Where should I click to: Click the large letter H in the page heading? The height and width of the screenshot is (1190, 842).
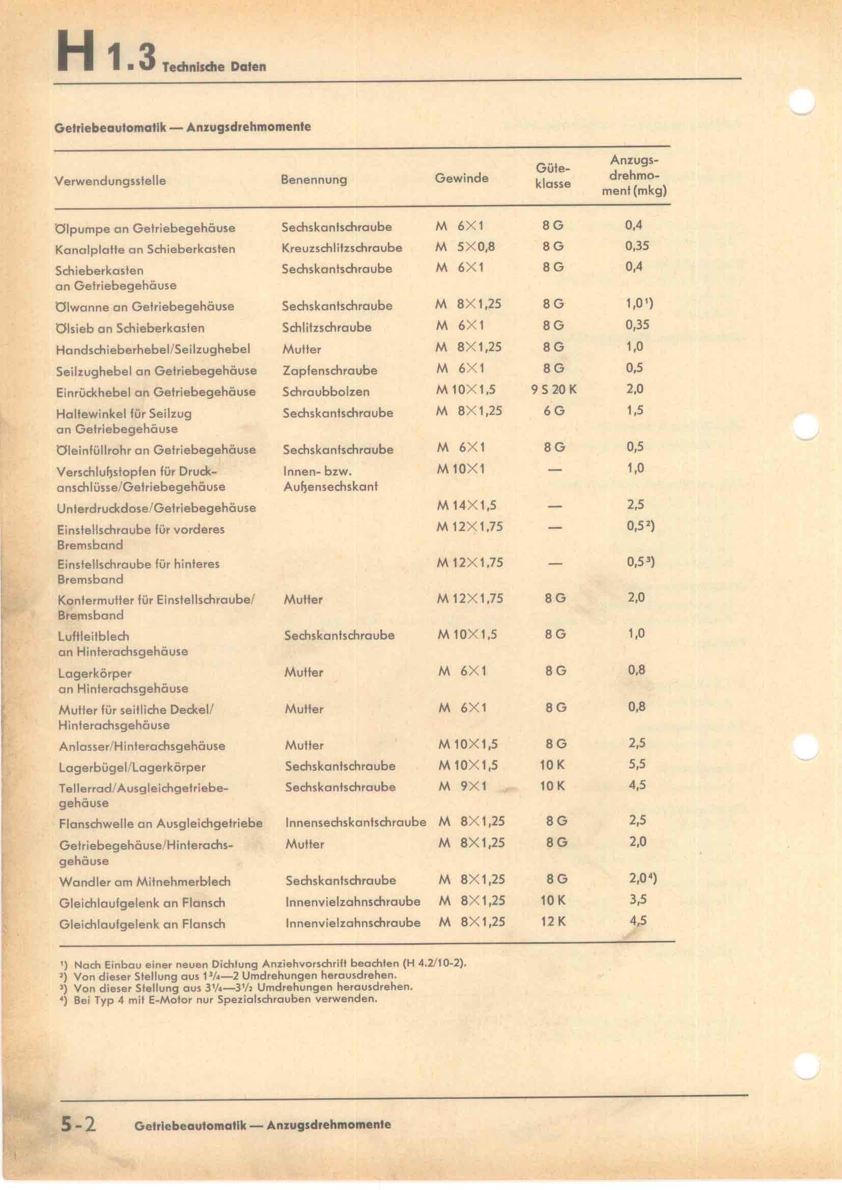[76, 50]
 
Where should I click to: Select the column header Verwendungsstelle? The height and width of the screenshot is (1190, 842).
[110, 181]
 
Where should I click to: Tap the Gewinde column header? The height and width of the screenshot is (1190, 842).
[461, 178]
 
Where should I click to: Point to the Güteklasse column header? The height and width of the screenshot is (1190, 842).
[553, 176]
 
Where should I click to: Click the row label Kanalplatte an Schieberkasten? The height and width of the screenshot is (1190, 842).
[145, 249]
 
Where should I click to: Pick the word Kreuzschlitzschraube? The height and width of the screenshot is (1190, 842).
[342, 248]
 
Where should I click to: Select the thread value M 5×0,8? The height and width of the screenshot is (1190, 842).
[465, 247]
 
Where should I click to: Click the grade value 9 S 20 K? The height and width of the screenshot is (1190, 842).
[553, 389]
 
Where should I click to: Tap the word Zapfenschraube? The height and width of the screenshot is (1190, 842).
[330, 370]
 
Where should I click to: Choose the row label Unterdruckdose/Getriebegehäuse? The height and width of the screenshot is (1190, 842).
[156, 508]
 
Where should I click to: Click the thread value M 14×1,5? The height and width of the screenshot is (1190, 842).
[468, 505]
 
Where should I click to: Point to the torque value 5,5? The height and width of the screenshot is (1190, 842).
[637, 765]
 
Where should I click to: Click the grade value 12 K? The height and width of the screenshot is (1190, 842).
[553, 921]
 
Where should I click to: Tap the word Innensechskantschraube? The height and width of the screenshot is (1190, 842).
[356, 823]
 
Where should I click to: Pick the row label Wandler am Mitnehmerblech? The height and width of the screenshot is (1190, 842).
[145, 882]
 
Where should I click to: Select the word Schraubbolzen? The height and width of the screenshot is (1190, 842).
[326, 392]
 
